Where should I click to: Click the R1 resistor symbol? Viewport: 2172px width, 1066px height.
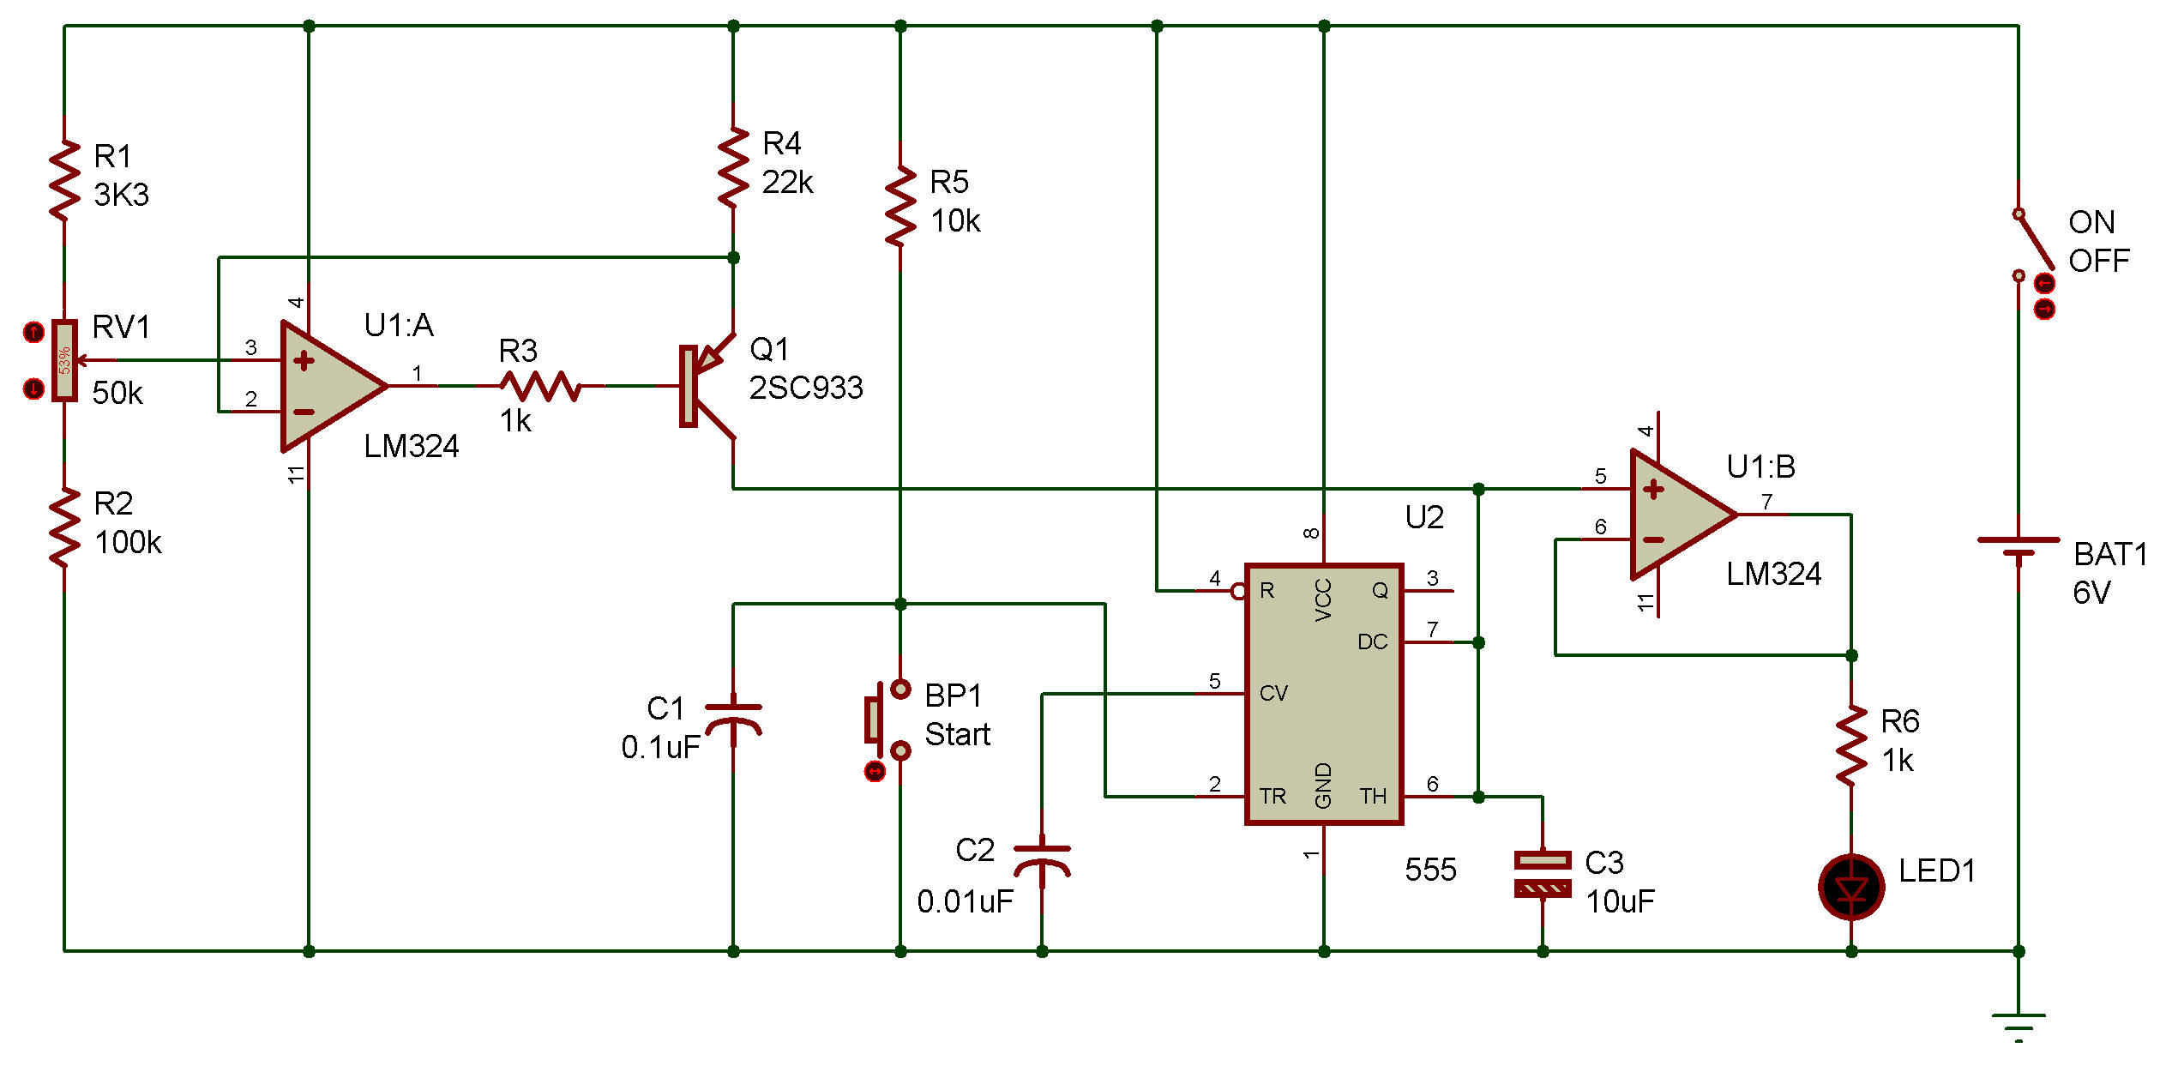[64, 181]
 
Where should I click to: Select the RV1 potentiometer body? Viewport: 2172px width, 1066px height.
[64, 360]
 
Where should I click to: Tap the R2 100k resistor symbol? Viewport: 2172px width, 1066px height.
[64, 527]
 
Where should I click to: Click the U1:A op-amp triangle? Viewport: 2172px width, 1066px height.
[334, 386]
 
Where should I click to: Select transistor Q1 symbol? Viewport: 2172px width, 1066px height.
[707, 386]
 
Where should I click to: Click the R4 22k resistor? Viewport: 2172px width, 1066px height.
[733, 168]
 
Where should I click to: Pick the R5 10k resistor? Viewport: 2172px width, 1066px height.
[900, 207]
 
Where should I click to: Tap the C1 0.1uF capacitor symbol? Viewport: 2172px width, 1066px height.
[733, 720]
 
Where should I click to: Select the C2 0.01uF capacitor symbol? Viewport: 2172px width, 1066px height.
[1042, 861]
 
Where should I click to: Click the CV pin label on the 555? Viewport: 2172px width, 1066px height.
[1273, 693]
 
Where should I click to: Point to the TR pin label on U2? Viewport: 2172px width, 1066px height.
[1273, 796]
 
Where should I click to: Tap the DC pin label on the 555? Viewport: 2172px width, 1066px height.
[1372, 641]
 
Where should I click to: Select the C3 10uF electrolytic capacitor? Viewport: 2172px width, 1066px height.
[1543, 874]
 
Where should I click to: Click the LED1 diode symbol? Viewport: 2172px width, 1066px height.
[1851, 887]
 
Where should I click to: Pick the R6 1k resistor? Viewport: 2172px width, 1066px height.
[1851, 744]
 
